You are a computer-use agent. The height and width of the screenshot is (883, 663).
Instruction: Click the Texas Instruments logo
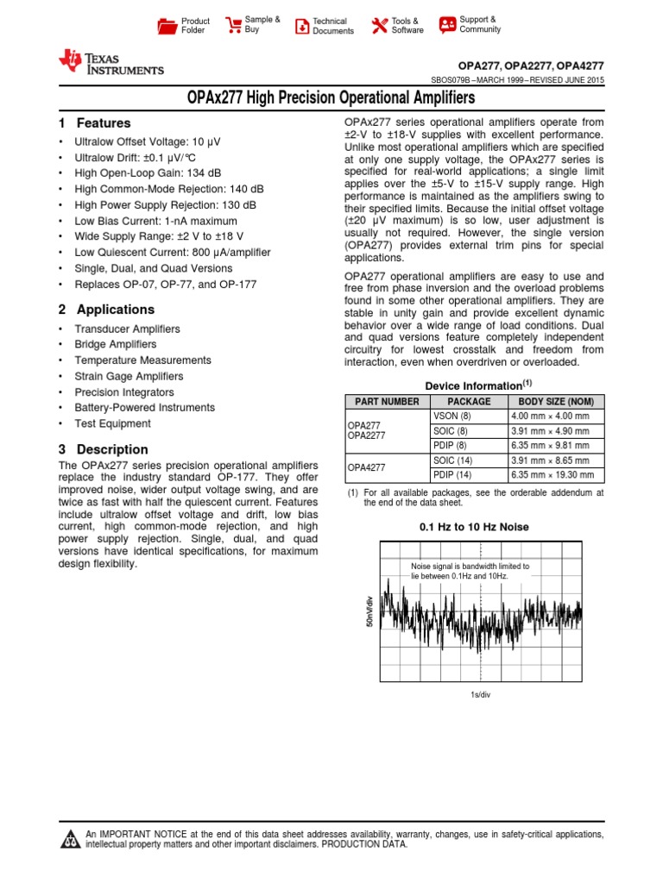click(x=110, y=62)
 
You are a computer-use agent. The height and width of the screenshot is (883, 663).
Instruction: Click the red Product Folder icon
click(x=167, y=26)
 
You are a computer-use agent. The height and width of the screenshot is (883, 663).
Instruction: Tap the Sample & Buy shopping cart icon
click(x=233, y=25)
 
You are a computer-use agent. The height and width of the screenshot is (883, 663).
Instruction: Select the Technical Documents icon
click(x=302, y=26)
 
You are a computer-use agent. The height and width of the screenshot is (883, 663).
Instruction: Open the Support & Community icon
click(x=447, y=25)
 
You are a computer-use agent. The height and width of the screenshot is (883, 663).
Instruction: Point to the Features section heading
click(x=94, y=123)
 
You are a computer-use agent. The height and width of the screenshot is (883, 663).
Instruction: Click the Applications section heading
click(x=106, y=310)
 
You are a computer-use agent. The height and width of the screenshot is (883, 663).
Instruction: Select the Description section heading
click(x=103, y=449)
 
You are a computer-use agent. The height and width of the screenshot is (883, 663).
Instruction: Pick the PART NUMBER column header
click(x=382, y=402)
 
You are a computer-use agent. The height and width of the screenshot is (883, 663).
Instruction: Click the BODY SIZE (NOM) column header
click(x=555, y=402)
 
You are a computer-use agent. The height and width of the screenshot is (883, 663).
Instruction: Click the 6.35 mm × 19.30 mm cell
click(x=555, y=475)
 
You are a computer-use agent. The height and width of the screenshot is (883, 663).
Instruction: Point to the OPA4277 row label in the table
click(x=367, y=467)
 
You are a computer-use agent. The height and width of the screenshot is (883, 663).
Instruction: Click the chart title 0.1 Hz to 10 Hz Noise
click(x=474, y=527)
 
